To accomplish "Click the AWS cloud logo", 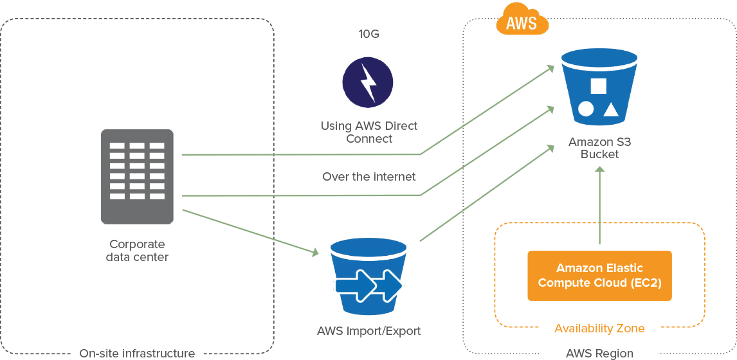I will click(522, 22).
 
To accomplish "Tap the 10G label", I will click(368, 33).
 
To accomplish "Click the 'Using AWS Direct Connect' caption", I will click(368, 132).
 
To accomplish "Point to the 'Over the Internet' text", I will click(368, 176).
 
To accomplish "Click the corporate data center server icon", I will click(137, 176).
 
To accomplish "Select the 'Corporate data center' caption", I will click(138, 251).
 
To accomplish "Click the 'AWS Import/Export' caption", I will click(368, 331).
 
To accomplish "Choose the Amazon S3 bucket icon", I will click(599, 89).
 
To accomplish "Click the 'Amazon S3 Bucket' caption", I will click(599, 148).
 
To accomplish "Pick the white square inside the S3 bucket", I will click(598, 87).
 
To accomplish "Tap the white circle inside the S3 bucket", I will click(585, 109).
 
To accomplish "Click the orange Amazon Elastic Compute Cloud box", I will click(599, 276).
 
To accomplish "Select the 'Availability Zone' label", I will click(599, 328).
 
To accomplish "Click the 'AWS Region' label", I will click(599, 353).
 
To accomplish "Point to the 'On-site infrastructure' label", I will click(137, 353).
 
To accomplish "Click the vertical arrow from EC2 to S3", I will click(599, 206).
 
